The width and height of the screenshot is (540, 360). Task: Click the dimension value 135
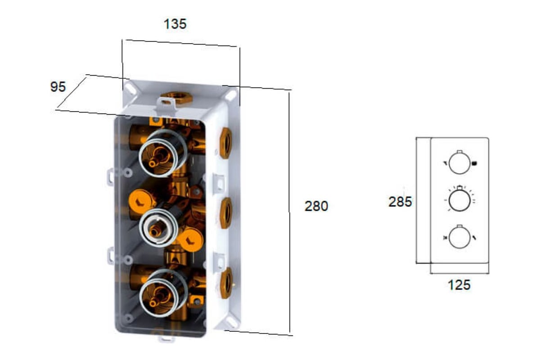click(175, 24)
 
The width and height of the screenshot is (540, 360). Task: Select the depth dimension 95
click(58, 86)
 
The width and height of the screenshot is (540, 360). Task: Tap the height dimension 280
click(316, 206)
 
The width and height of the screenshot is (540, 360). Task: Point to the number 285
click(400, 202)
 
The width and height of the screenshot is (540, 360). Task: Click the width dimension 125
click(459, 285)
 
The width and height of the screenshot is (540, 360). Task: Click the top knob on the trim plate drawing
click(459, 163)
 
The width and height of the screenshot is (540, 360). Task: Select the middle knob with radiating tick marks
click(459, 200)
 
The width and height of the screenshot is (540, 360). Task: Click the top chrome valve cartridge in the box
click(163, 153)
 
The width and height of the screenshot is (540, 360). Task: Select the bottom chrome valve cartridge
click(163, 293)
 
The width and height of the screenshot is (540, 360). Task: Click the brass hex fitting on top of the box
click(177, 98)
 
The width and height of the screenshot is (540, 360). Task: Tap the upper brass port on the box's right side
click(226, 143)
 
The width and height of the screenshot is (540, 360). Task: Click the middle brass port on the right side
click(226, 213)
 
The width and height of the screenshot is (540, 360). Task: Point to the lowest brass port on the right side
click(226, 283)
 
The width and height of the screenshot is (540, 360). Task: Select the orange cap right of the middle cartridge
click(191, 240)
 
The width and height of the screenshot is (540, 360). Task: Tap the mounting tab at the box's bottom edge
click(166, 339)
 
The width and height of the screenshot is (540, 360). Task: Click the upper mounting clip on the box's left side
click(110, 177)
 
